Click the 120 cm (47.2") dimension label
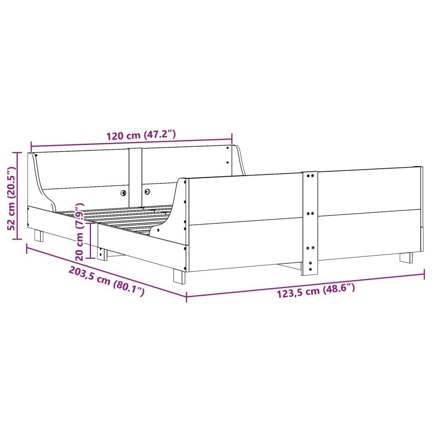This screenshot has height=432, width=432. tap(140, 135)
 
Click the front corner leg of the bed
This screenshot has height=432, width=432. tap(179, 276)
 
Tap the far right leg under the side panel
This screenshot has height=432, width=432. tap(406, 257)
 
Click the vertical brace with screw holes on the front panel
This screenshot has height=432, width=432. tap(310, 223)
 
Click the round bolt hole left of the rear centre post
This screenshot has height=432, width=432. tap(123, 193)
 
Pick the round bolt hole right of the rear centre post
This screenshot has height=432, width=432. tap(148, 192)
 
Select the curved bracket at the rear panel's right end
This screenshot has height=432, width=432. tap(239, 160)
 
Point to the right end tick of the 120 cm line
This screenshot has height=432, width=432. tap(232, 138)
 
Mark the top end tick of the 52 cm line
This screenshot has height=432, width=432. tap(17, 153)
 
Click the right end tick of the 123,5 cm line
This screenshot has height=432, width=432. tap(424, 275)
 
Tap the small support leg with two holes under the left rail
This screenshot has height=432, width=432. tap(101, 254)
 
